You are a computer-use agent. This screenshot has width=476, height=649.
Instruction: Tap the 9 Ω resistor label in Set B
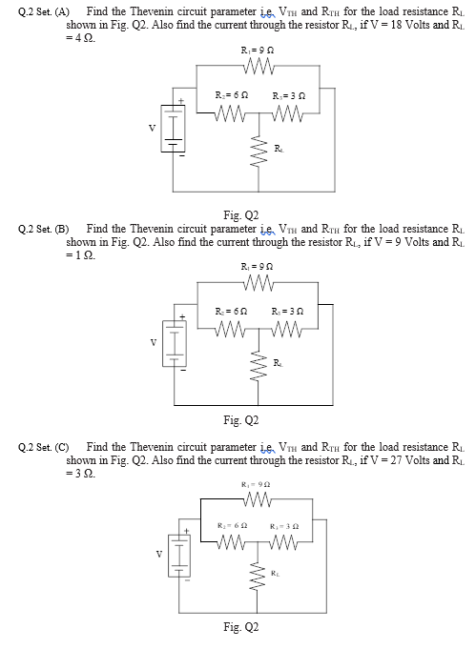click(x=251, y=267)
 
